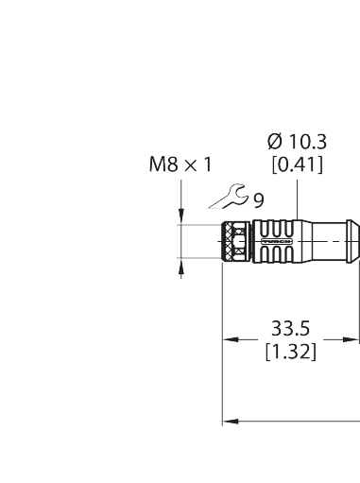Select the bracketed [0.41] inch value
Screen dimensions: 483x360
pyautogui.click(x=298, y=165)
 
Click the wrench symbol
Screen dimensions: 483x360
pyautogui.click(x=230, y=198)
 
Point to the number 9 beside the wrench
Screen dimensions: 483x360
pyautogui.click(x=258, y=199)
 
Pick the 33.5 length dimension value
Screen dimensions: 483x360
pyautogui.click(x=290, y=330)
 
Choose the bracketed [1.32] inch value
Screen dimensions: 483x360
pyautogui.click(x=290, y=352)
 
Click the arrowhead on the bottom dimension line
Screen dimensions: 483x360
pyautogui.click(x=227, y=421)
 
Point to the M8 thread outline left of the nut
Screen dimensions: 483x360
pyautogui.click(x=200, y=243)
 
